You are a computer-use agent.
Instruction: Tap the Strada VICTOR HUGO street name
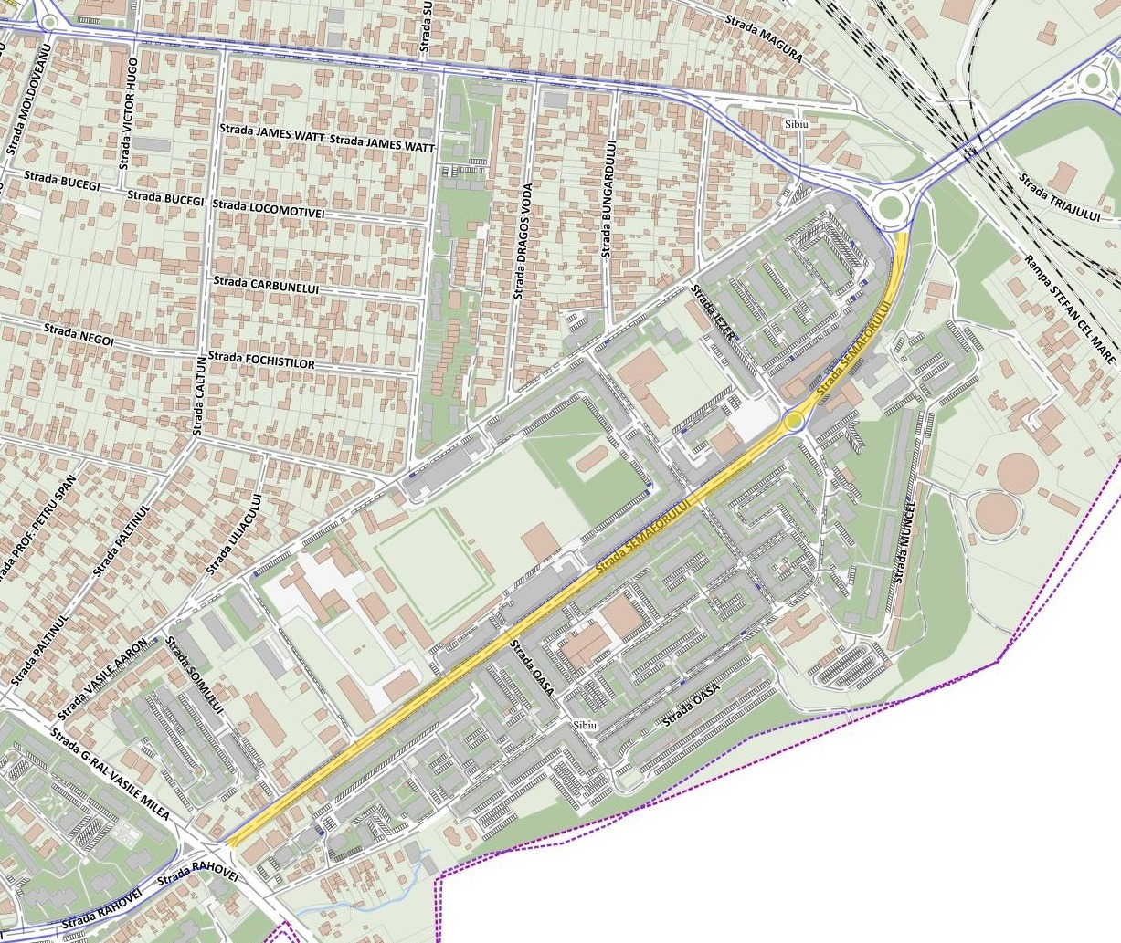click(x=129, y=113)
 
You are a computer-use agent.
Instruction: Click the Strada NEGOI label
click(x=79, y=333)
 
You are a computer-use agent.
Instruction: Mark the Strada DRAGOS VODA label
click(x=522, y=241)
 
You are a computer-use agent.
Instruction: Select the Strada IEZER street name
click(x=713, y=313)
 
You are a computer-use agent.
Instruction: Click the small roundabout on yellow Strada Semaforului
click(x=793, y=421)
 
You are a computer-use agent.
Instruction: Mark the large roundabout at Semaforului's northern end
click(x=890, y=209)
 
